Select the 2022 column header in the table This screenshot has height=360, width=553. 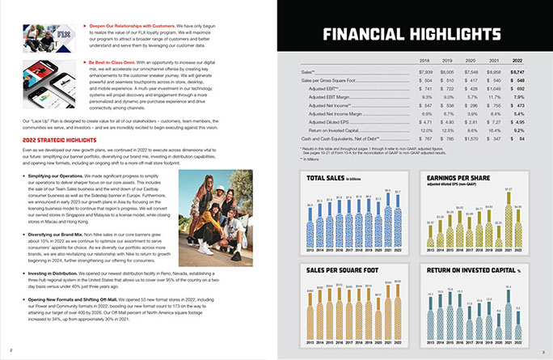517,60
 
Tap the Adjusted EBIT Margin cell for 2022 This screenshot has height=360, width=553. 518,96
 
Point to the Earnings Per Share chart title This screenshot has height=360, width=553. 458,177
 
